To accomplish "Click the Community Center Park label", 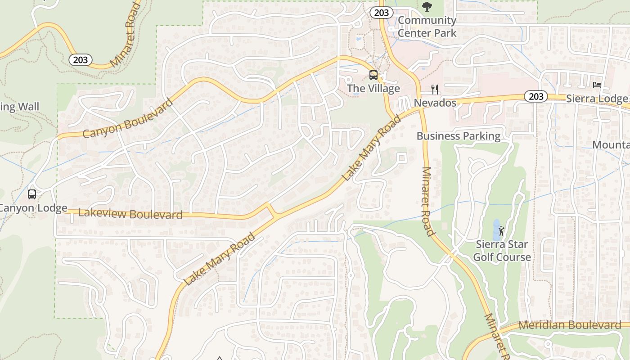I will click(427, 27).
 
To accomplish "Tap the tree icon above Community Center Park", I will click(427, 7).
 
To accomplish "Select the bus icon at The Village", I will click(373, 75).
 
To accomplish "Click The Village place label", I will click(373, 89).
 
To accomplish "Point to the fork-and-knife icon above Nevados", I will click(435, 89).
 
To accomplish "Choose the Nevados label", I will click(435, 103).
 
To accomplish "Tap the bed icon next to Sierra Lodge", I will click(597, 85).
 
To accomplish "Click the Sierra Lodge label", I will click(597, 99).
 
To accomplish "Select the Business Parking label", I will click(458, 136).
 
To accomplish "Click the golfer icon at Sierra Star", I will click(502, 231).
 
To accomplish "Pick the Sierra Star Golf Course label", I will click(503, 251).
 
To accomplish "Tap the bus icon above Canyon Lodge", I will click(32, 194).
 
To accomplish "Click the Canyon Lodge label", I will click(33, 208).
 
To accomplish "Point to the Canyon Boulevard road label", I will click(128, 118).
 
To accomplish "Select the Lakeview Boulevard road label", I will click(130, 214).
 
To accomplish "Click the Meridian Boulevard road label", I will click(570, 325).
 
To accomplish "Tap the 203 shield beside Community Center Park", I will click(381, 13).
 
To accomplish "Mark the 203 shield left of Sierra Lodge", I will click(535, 96).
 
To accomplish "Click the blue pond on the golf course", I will click(496, 230).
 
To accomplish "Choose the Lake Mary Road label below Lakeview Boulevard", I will click(220, 259).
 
